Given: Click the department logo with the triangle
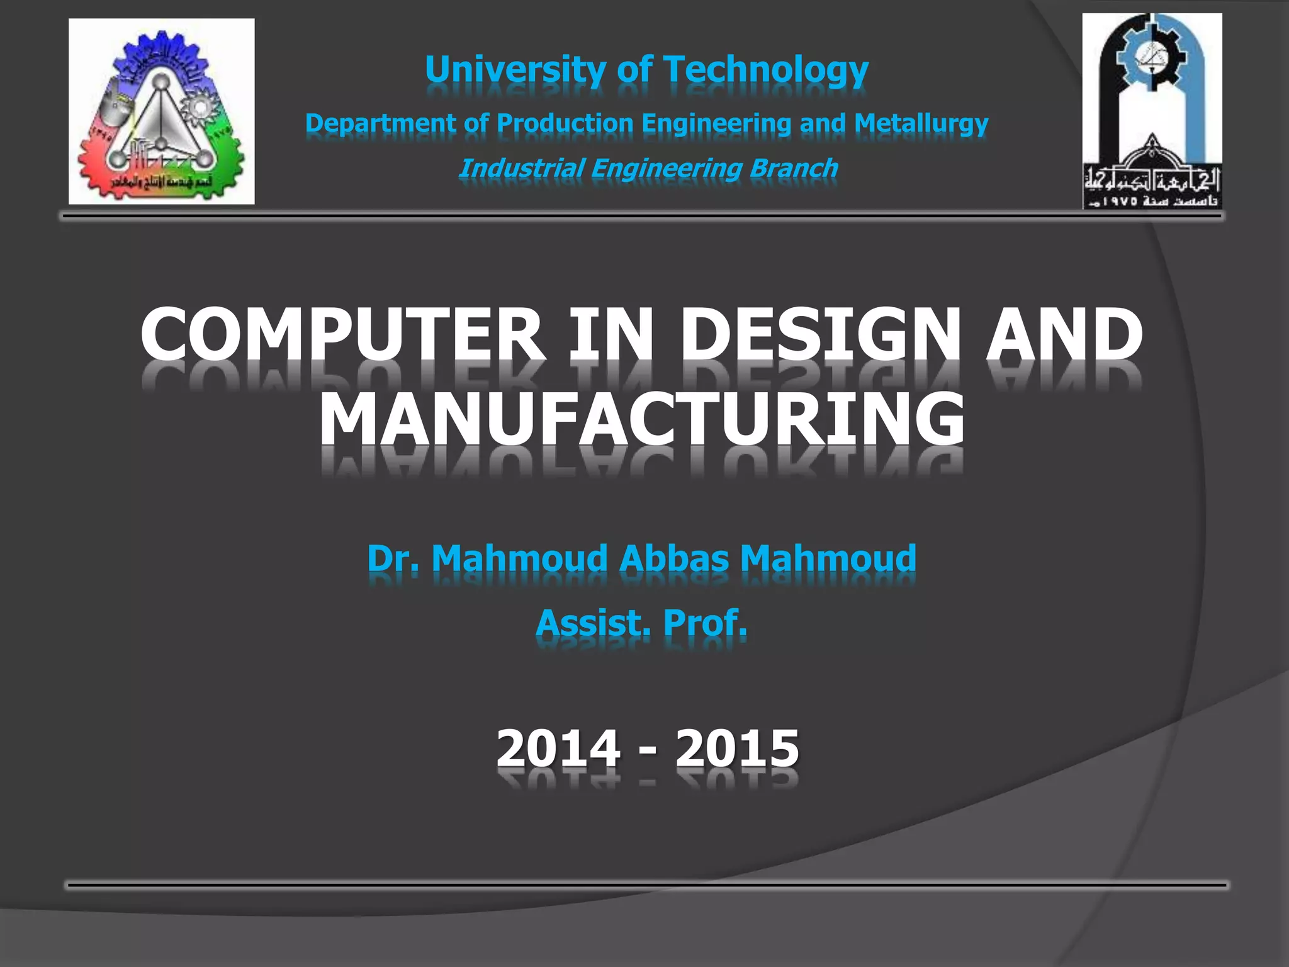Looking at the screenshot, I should [x=161, y=111].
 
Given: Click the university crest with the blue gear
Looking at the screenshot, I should [x=1152, y=111].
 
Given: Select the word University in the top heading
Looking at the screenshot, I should [x=514, y=69].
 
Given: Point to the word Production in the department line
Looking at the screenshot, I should [x=565, y=123].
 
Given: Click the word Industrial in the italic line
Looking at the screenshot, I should [x=521, y=168].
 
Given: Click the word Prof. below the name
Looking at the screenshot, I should [x=705, y=623].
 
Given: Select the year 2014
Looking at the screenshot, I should [x=558, y=748].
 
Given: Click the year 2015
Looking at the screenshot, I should [x=737, y=748].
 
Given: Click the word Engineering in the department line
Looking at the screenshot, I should [x=716, y=123].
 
